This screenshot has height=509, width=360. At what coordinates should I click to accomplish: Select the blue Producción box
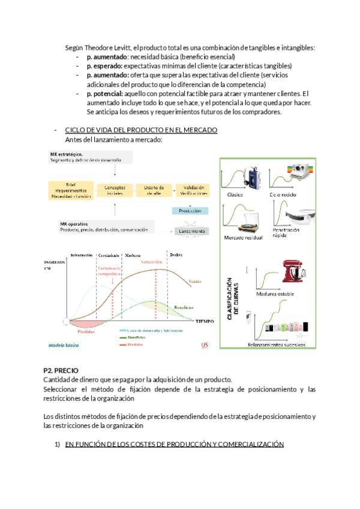(x=190, y=211)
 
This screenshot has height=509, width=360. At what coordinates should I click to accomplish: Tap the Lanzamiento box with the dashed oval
(x=191, y=231)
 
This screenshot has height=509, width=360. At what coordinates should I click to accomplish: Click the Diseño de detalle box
(x=154, y=190)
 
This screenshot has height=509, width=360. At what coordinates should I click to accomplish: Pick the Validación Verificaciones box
(x=193, y=190)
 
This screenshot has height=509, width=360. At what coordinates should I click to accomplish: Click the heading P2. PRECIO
(x=61, y=371)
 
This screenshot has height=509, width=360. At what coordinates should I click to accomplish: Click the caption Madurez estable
(x=275, y=295)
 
